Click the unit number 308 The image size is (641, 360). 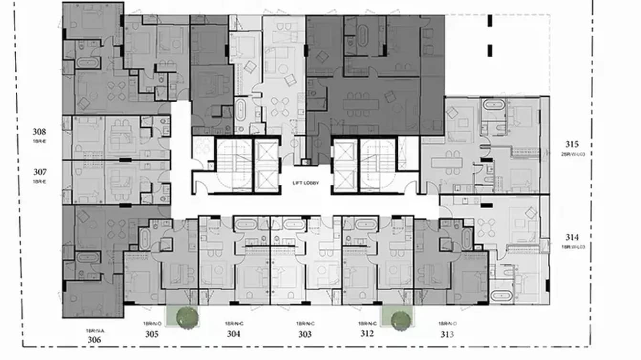point(40,132)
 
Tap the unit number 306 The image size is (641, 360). point(95,339)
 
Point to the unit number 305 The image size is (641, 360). point(152,334)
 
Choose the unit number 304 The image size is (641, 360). point(233,334)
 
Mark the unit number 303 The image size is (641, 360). point(305,334)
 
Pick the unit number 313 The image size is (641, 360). point(447,334)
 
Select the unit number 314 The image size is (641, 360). point(572,237)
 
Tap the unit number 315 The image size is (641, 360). point(572,144)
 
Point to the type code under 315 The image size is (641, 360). point(572,153)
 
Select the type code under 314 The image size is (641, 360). point(572,246)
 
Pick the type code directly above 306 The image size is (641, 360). point(95,330)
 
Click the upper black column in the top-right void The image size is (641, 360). point(490,21)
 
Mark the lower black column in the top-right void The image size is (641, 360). point(490,50)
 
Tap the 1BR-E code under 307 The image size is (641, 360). point(40,181)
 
